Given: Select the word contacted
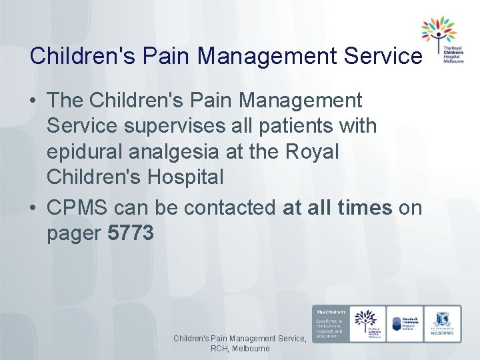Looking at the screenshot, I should point(229,208).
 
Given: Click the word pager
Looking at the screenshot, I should point(74,234).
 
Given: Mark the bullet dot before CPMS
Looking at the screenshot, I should point(33,208).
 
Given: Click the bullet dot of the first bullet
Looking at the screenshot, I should point(33,101).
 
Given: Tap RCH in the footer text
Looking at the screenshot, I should point(221,349).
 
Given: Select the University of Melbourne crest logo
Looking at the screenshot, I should point(442,324).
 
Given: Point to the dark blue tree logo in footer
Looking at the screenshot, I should point(366,323).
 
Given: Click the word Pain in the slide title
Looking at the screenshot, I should point(153,55).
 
